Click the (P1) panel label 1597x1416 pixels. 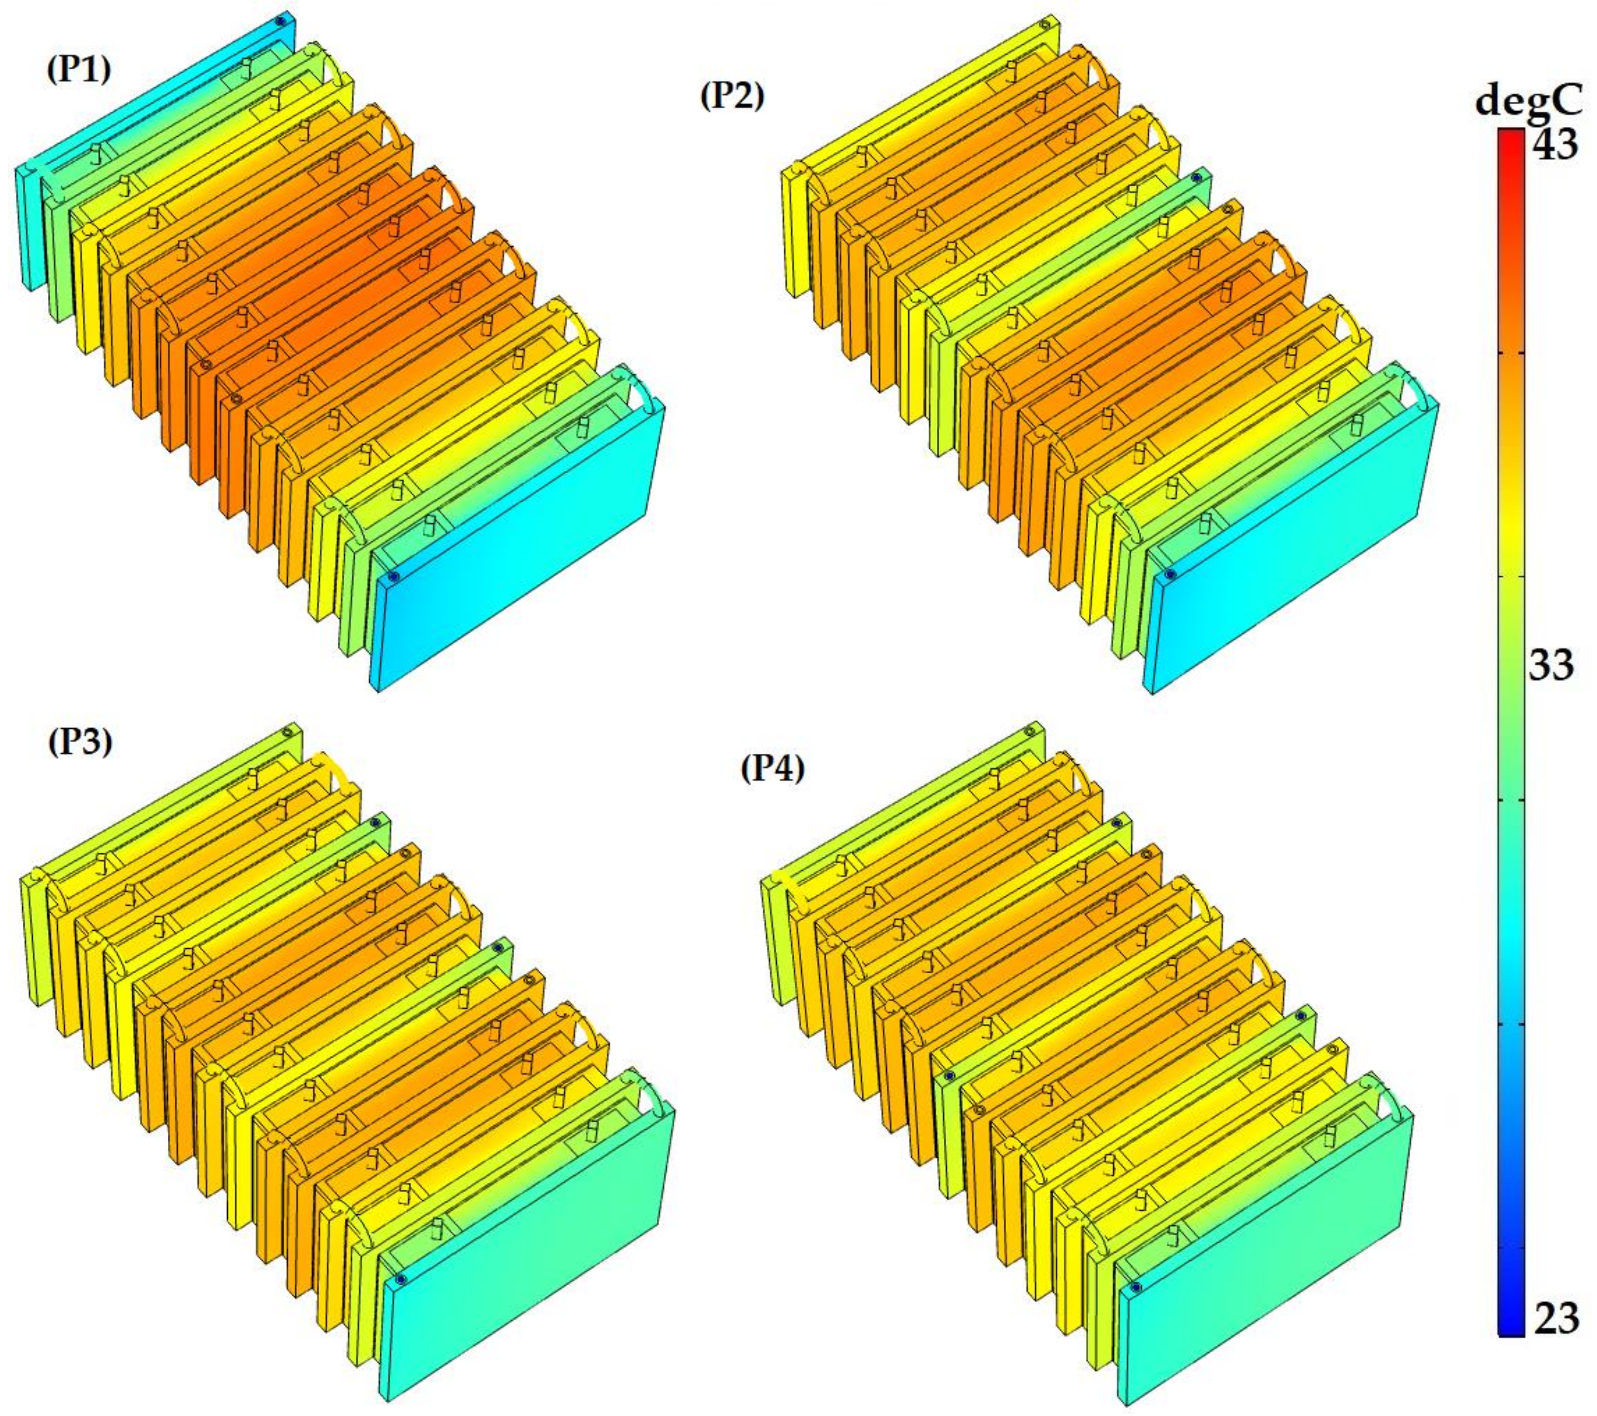(x=80, y=70)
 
